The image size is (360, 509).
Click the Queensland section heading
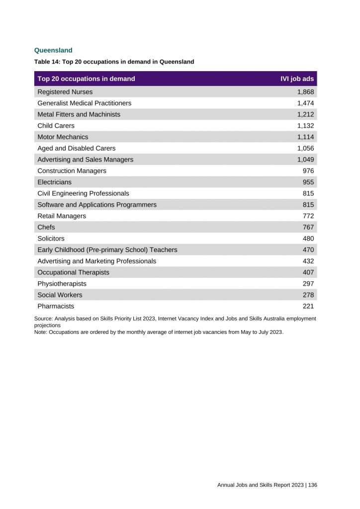(x=53, y=50)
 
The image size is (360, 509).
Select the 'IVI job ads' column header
(x=297, y=79)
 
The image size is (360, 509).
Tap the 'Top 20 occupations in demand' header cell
(x=86, y=79)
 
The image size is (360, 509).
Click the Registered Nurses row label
(x=65, y=92)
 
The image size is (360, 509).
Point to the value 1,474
(x=305, y=103)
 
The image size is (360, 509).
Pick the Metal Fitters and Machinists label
(x=79, y=114)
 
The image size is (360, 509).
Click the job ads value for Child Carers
(x=305, y=126)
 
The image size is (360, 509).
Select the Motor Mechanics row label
(x=63, y=137)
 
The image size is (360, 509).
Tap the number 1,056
(x=305, y=148)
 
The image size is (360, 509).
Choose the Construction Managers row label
(x=72, y=170)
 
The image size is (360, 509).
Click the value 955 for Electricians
(x=308, y=182)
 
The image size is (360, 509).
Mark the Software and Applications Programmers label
(x=97, y=204)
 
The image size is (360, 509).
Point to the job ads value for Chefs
(x=308, y=227)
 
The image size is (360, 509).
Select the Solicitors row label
(x=51, y=239)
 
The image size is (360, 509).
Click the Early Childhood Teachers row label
(x=107, y=250)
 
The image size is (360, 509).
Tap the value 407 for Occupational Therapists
(x=308, y=272)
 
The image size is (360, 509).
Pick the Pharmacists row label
(x=56, y=306)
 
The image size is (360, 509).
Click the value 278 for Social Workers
(x=308, y=295)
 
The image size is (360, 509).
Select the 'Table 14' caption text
(x=114, y=62)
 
